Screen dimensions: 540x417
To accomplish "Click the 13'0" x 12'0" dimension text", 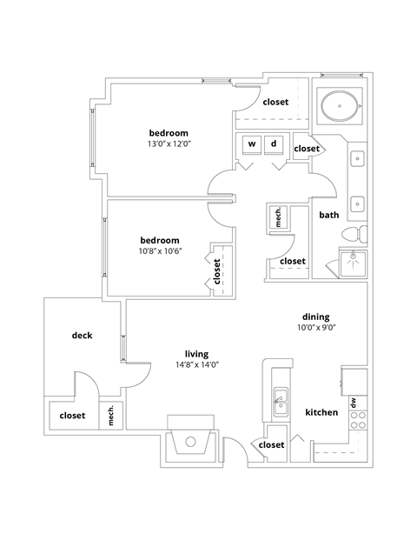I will click(169, 145).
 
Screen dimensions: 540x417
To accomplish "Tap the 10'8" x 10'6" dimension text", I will click(159, 252).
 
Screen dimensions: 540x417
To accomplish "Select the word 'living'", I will click(196, 353).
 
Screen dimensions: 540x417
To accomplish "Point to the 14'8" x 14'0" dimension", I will click(196, 365).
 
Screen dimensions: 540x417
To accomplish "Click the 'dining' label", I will click(315, 317).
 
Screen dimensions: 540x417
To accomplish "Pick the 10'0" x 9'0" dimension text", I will click(315, 328).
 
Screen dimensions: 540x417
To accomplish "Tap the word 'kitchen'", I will click(321, 412).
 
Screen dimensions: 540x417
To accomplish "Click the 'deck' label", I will click(82, 336).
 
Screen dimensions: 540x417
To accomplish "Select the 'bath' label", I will click(329, 215).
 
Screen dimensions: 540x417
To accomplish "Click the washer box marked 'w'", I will click(252, 143).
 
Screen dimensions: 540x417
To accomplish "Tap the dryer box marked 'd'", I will click(274, 143).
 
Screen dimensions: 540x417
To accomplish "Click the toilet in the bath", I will click(354, 236).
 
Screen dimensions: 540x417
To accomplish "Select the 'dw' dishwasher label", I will click(354, 402).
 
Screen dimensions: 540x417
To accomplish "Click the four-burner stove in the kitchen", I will click(357, 422).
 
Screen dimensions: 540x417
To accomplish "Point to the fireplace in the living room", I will click(192, 440).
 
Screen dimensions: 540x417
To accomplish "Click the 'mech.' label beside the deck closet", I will click(111, 417).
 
